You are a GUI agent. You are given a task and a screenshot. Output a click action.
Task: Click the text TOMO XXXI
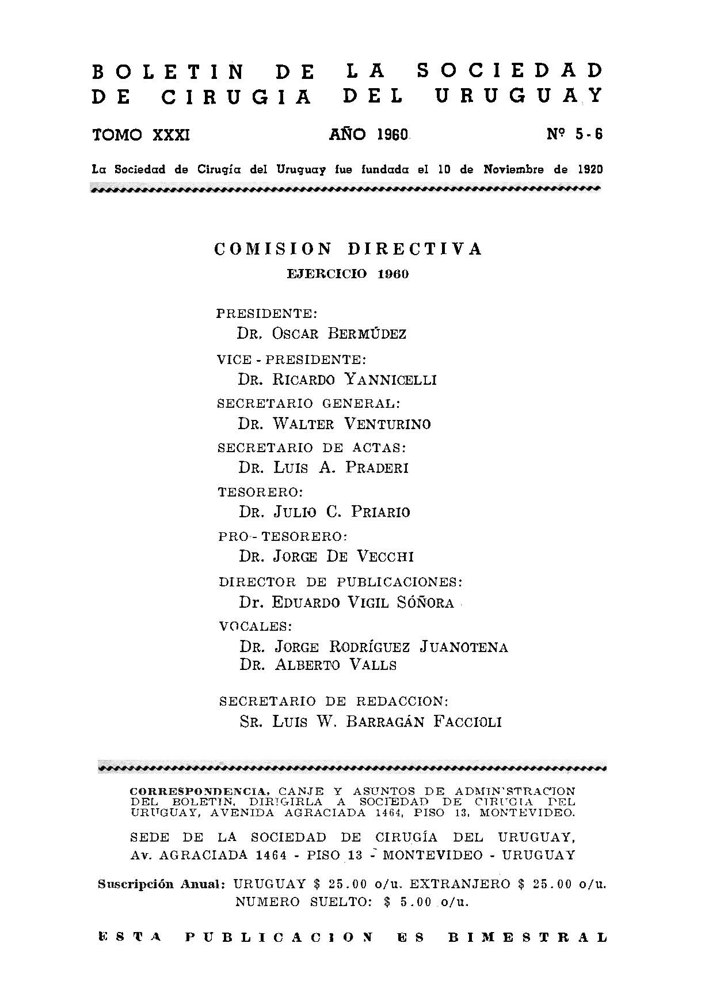pyautogui.click(x=141, y=135)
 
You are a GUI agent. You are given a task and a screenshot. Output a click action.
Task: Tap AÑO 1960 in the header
pyautogui.click(x=368, y=135)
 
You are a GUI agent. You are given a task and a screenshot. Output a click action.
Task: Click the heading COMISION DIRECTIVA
pyautogui.click(x=348, y=249)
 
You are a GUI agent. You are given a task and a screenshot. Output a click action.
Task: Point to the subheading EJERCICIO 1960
pyautogui.click(x=348, y=274)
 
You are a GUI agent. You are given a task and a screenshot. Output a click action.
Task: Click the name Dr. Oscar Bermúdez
pyautogui.click(x=322, y=334)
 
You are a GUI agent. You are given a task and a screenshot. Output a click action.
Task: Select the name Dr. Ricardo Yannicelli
pyautogui.click(x=337, y=379)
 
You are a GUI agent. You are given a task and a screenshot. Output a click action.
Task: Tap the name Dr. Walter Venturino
pyautogui.click(x=334, y=424)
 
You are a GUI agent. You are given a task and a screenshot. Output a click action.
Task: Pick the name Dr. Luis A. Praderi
pyautogui.click(x=323, y=468)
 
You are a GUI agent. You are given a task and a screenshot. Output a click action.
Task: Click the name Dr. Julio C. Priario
pyautogui.click(x=325, y=512)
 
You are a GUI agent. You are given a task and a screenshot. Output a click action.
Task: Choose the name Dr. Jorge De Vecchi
pyautogui.click(x=326, y=556)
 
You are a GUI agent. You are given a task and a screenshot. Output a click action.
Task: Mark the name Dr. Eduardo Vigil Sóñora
pyautogui.click(x=346, y=603)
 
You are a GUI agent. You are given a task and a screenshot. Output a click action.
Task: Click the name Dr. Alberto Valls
pyautogui.click(x=318, y=665)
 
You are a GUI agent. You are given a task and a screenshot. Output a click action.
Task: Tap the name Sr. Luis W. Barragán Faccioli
pyautogui.click(x=370, y=722)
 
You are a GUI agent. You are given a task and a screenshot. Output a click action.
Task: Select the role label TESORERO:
pyautogui.click(x=261, y=492)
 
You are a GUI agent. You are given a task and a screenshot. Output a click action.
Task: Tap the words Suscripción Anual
pyautogui.click(x=161, y=884)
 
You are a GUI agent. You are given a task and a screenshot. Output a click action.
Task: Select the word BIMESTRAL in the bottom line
pyautogui.click(x=528, y=937)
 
